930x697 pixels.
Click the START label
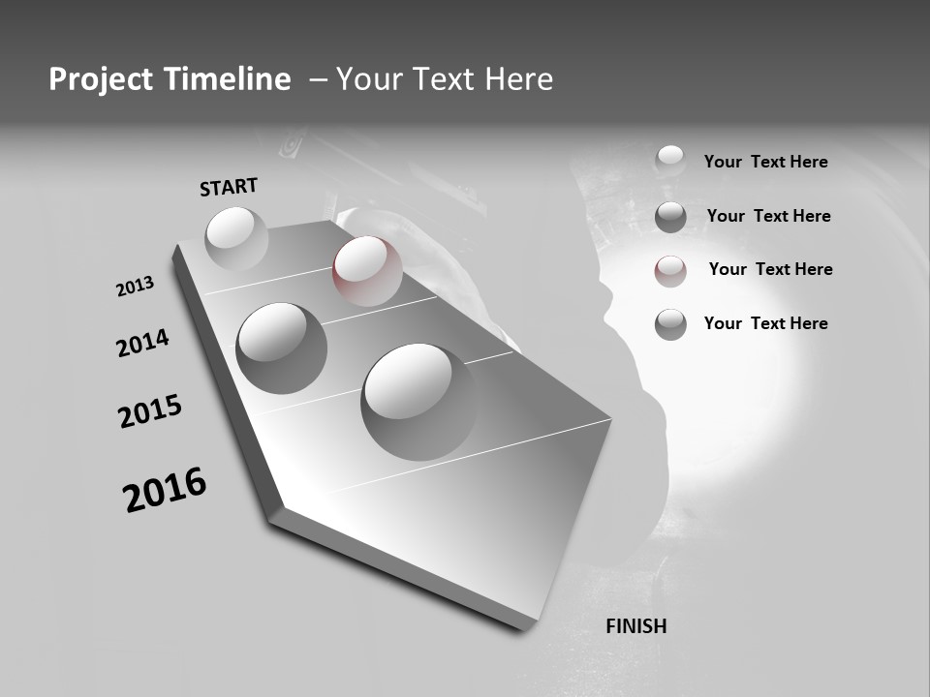point(229,187)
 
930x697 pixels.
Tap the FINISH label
point(635,626)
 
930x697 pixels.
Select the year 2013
point(135,287)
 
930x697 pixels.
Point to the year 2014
point(142,343)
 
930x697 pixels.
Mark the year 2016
point(165,490)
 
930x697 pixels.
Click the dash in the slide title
point(318,79)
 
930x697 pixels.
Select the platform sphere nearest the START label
point(236,237)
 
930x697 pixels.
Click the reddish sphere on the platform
point(367,270)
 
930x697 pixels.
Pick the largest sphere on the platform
point(419,401)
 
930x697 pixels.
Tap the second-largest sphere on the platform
point(282,348)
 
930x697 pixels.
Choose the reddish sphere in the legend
point(670,271)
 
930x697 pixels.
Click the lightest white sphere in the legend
point(670,160)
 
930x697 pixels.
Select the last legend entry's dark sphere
point(670,324)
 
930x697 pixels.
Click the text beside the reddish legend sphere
point(770,269)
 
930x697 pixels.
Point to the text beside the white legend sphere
point(765,162)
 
